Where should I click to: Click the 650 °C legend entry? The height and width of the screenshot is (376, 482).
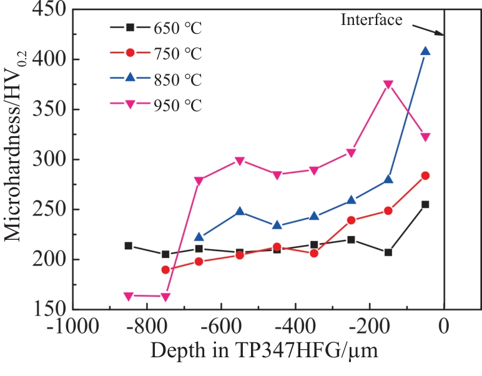(x=156, y=27)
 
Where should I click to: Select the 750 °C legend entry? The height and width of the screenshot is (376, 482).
(x=156, y=54)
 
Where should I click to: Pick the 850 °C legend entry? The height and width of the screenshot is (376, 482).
(x=156, y=80)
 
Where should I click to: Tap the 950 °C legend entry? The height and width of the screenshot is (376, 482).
(x=156, y=105)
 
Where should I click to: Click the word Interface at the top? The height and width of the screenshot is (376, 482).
(x=371, y=19)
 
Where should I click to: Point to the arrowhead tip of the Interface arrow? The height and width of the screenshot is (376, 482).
(x=443, y=35)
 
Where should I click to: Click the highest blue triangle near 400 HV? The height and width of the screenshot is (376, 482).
(x=425, y=51)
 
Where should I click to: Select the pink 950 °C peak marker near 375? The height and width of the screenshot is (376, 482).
(x=388, y=84)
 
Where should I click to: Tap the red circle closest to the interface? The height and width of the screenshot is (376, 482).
(x=425, y=176)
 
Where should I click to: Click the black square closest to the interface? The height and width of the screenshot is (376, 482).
(x=425, y=204)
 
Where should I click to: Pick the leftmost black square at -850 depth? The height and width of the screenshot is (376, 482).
(x=129, y=245)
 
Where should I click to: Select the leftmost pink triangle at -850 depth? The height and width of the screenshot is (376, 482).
(x=129, y=296)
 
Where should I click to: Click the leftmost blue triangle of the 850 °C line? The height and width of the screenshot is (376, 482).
(x=199, y=237)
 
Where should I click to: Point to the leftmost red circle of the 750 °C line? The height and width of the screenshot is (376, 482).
(x=165, y=270)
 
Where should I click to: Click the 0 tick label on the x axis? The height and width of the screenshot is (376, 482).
(x=444, y=326)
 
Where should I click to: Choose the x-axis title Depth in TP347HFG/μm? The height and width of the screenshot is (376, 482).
(x=263, y=353)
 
